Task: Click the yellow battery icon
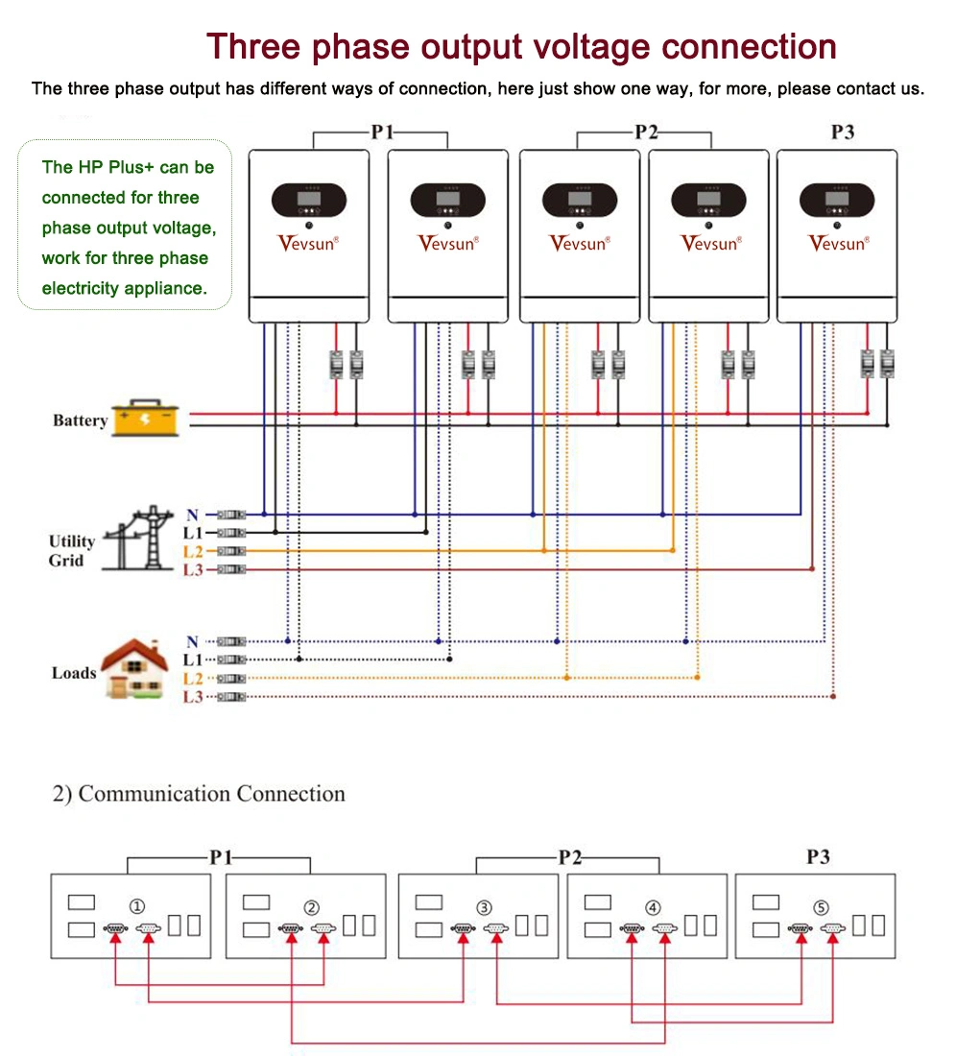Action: [146, 420]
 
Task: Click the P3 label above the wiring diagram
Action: [842, 132]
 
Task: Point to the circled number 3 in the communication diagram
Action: [485, 907]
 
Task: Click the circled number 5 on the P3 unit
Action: [820, 907]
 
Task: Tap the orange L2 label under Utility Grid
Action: [193, 551]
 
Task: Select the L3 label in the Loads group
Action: [193, 697]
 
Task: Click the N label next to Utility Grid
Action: [192, 516]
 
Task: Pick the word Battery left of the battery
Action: [80, 420]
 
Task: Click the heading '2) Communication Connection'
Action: [198, 794]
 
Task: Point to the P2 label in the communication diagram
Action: [570, 857]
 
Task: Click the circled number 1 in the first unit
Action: [137, 907]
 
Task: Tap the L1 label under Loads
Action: [193, 660]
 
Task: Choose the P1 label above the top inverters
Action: [382, 132]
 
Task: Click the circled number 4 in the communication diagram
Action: [653, 907]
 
